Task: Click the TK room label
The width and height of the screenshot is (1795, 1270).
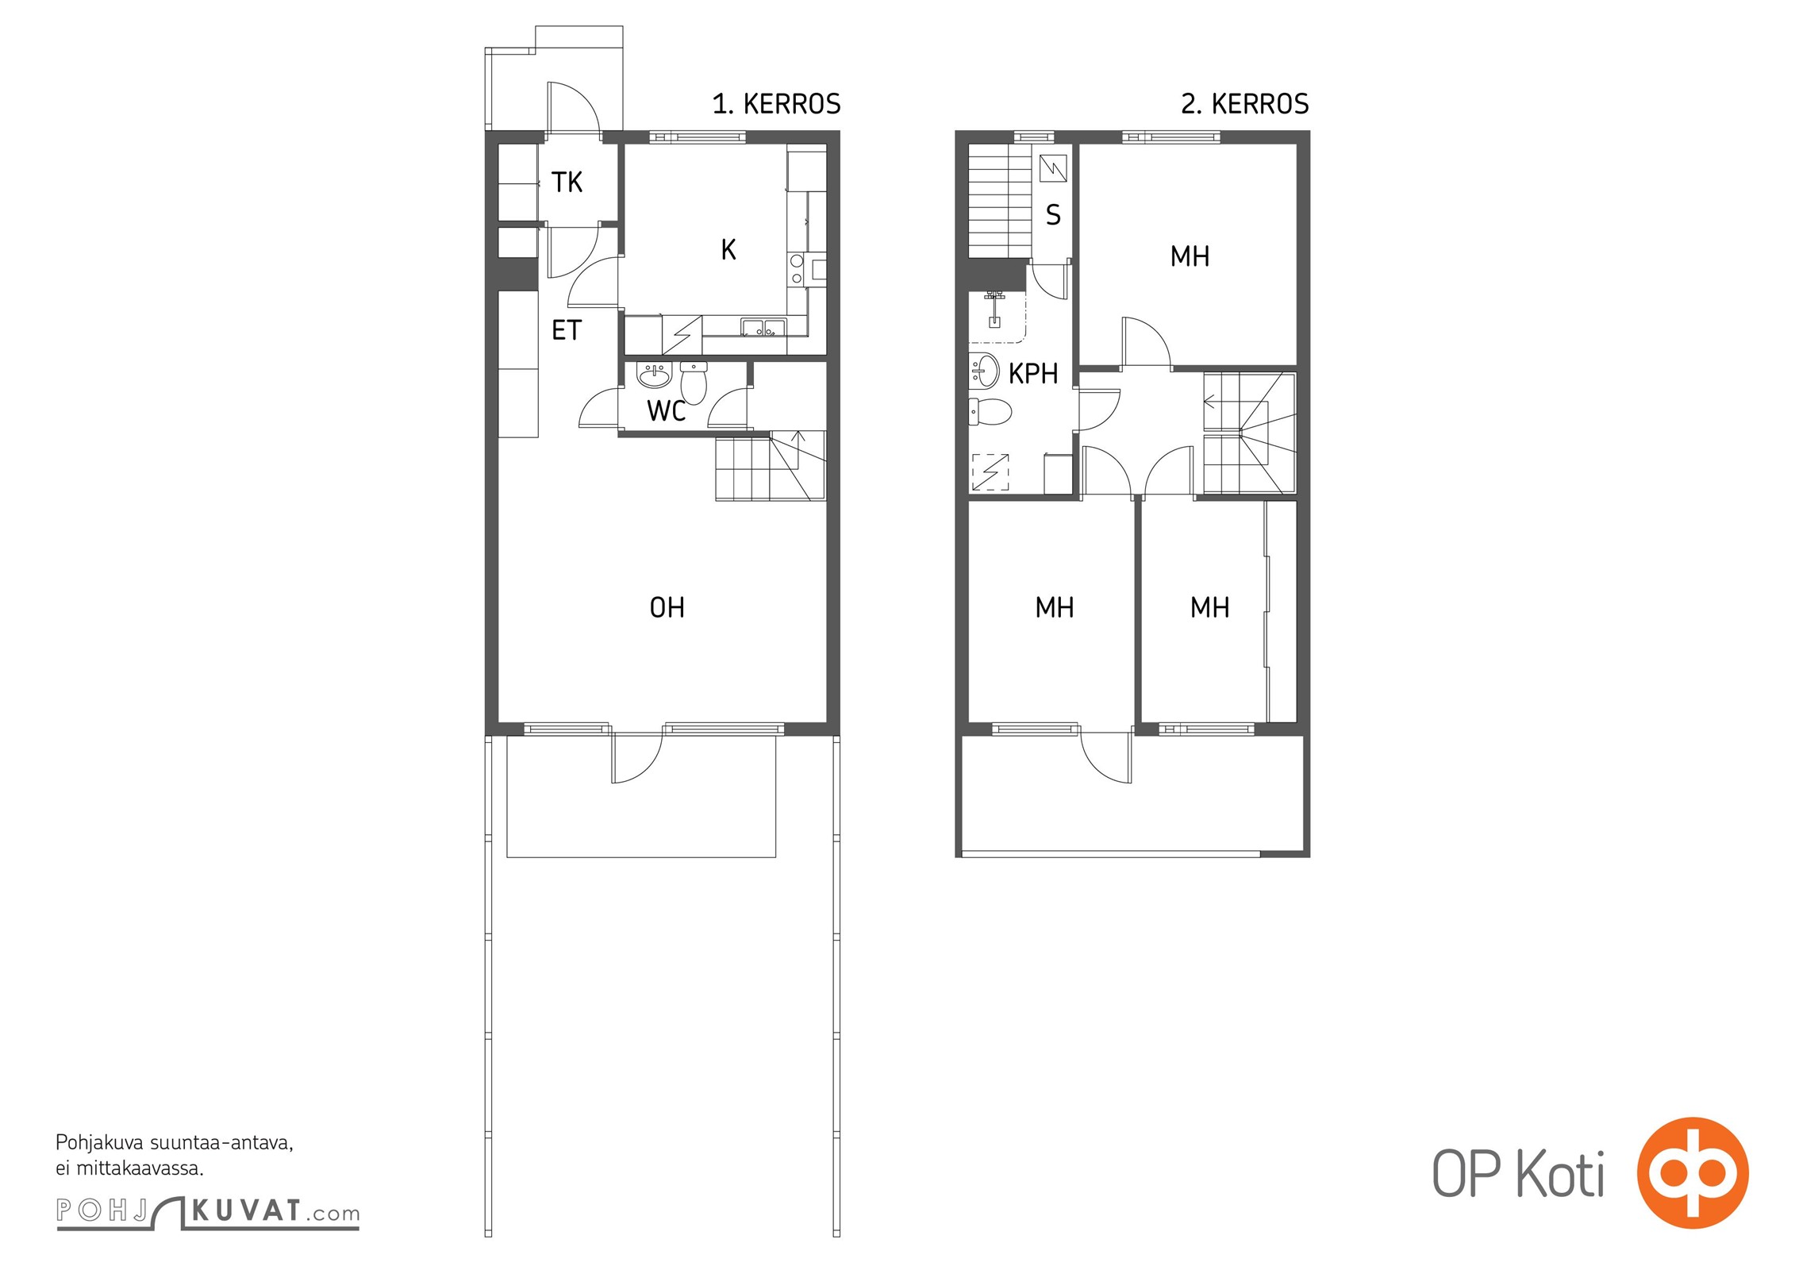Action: click(567, 183)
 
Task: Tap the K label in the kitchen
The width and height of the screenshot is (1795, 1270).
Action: click(728, 249)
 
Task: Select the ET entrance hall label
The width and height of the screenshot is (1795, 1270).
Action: click(567, 330)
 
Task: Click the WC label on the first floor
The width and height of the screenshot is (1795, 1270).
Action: click(667, 410)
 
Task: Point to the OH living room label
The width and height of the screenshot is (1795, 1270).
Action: click(667, 607)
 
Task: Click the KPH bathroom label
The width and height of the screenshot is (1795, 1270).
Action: click(1033, 373)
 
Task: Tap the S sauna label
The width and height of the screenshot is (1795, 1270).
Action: click(1053, 214)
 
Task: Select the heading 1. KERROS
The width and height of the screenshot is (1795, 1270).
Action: click(776, 104)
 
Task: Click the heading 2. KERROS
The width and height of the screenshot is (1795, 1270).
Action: click(1245, 104)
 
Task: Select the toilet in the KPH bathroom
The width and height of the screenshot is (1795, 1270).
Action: click(990, 412)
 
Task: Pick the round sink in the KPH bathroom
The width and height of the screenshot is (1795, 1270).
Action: click(985, 370)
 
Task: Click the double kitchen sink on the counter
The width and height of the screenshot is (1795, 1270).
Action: click(763, 327)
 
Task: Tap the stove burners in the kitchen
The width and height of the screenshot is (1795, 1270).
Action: click(797, 269)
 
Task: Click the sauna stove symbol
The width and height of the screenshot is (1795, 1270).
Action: click(1053, 168)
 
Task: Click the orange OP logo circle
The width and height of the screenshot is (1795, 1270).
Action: click(1693, 1172)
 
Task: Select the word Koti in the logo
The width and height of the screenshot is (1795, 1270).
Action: click(1561, 1174)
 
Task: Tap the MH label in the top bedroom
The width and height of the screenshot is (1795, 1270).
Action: click(1190, 256)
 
